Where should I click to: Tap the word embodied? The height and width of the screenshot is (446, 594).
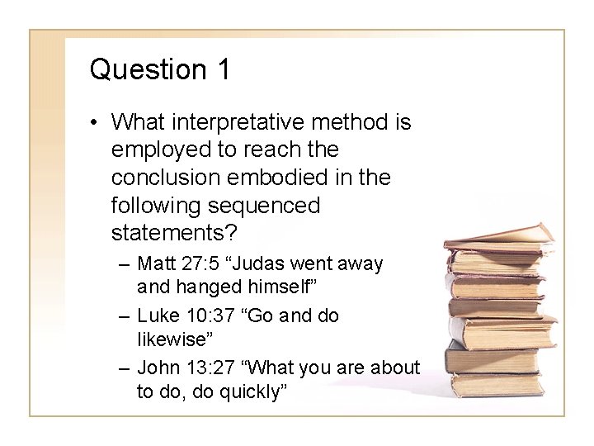pos(277,178)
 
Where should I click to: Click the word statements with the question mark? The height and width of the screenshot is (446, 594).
pos(173,230)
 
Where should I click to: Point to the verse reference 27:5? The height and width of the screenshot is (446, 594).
pos(199,264)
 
